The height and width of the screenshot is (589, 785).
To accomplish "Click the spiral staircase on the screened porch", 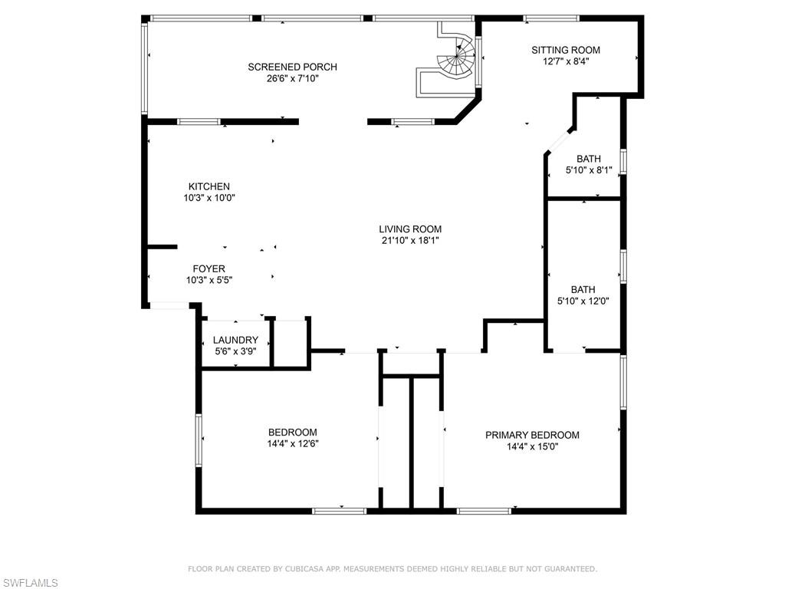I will [458, 61].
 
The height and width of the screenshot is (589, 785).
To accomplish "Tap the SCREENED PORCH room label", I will [292, 67].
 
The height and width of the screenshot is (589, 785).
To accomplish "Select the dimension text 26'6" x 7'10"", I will [292, 78].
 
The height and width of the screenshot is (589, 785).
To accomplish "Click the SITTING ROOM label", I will [566, 50].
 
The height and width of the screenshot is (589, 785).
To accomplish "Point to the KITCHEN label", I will [209, 186].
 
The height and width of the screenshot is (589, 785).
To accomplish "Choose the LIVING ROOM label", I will [410, 229].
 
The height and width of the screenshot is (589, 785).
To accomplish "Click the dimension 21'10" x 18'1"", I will [410, 240].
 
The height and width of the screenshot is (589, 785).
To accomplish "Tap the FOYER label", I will [209, 268].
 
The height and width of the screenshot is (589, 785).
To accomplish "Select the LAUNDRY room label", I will [235, 340].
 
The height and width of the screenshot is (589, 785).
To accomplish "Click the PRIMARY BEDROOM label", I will [532, 435].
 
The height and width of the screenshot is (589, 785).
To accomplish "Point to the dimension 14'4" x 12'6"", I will [292, 443].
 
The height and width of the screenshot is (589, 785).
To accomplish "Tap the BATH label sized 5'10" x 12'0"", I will [583, 289].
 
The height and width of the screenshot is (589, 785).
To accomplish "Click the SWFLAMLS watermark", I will [30, 583].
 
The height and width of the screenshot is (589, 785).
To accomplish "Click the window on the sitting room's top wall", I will [551, 18].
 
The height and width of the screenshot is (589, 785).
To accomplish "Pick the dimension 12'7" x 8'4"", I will [566, 61].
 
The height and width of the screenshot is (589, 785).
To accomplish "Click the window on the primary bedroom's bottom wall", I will [484, 510].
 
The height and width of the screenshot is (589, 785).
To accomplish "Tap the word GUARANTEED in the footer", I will [567, 569].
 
